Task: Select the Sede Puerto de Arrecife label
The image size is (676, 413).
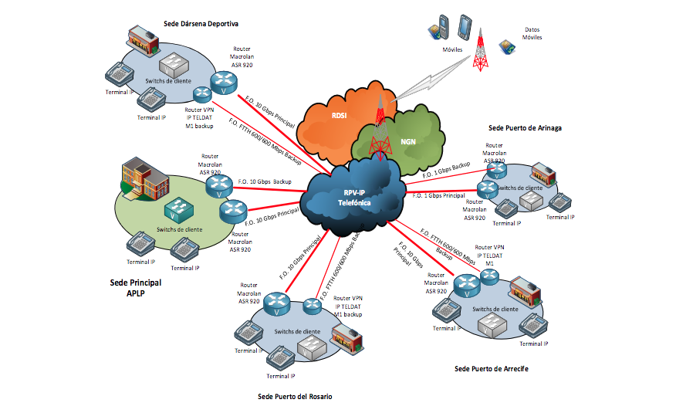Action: (x=492, y=369)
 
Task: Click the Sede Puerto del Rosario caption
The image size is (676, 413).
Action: (x=295, y=396)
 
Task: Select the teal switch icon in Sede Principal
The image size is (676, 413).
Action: (x=181, y=208)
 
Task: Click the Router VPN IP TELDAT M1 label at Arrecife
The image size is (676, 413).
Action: (x=489, y=255)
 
